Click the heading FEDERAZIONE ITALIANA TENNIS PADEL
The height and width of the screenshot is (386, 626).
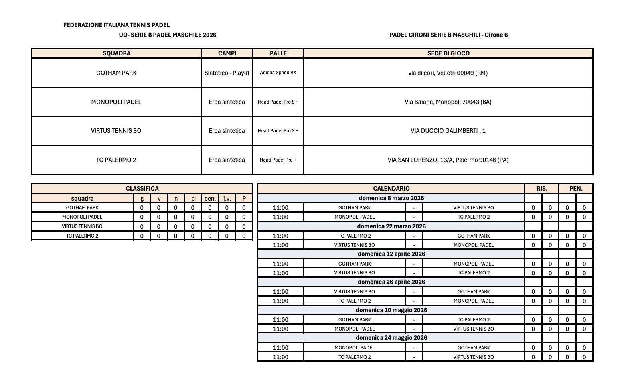[x=116, y=25]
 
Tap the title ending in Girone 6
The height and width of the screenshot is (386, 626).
[x=448, y=35]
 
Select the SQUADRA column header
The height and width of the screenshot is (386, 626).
[x=116, y=53]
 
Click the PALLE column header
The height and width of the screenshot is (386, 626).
[x=278, y=53]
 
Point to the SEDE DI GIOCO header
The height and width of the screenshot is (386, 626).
[x=448, y=53]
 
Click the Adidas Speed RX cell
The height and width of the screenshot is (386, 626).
[x=278, y=73]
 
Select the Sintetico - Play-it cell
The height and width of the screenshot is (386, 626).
[x=227, y=73]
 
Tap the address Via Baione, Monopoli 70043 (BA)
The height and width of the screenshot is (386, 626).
[x=448, y=102]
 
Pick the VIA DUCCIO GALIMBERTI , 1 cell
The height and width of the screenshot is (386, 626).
[x=448, y=131]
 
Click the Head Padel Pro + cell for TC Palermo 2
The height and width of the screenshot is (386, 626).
[x=278, y=160]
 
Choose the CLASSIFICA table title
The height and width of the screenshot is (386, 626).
[x=142, y=189]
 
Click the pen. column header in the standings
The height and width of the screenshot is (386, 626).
[x=210, y=199]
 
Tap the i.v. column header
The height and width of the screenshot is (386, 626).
[x=227, y=199]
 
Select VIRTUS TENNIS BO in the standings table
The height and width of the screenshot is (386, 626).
[x=82, y=226]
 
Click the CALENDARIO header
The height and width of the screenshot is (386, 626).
[x=391, y=189]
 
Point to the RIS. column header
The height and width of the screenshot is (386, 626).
[x=542, y=189]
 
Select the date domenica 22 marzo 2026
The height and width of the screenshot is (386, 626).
[x=391, y=226]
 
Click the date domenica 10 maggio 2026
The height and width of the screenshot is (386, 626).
[x=391, y=310]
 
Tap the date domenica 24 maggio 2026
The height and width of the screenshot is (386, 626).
[x=391, y=338]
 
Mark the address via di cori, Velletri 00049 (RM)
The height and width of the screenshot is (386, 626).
[x=448, y=73]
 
